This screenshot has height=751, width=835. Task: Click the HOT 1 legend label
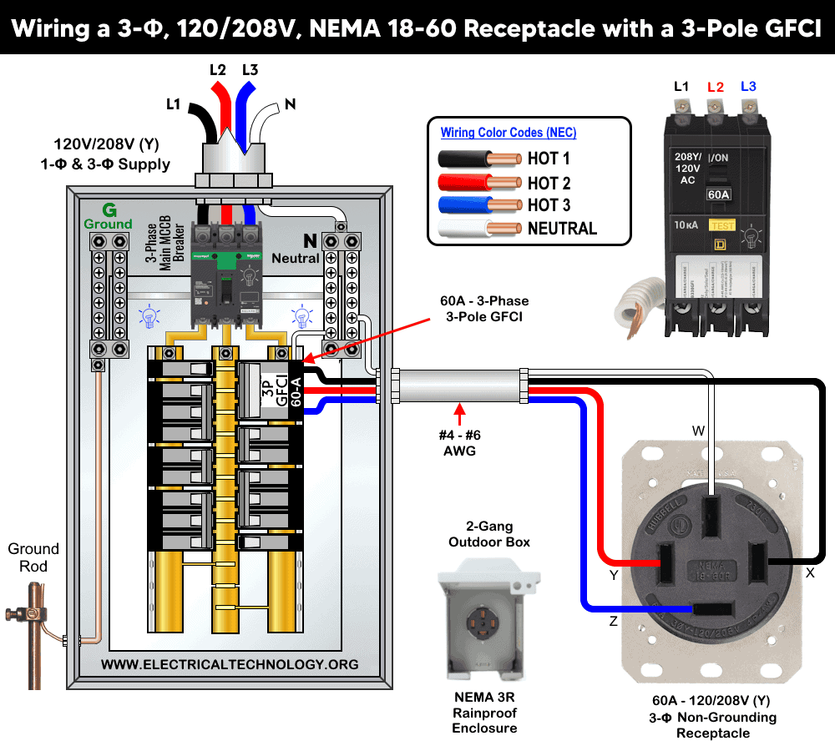click(x=549, y=159)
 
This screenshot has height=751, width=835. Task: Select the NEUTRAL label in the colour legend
click(x=562, y=228)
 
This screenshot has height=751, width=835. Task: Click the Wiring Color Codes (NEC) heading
click(x=508, y=133)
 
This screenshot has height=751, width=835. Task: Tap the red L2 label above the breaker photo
click(x=716, y=87)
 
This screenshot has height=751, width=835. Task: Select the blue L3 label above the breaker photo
click(x=748, y=87)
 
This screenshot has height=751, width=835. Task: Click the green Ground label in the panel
click(x=108, y=216)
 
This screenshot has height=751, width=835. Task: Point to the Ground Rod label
click(x=33, y=557)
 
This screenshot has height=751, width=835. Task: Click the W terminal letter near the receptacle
click(x=699, y=431)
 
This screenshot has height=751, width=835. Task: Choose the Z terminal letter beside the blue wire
click(x=613, y=622)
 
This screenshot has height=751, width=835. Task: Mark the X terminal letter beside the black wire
click(x=809, y=573)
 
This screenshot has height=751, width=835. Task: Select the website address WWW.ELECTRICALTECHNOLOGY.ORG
click(x=230, y=664)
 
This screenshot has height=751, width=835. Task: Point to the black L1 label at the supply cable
click(x=174, y=104)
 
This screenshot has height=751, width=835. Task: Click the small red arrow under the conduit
click(x=458, y=410)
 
